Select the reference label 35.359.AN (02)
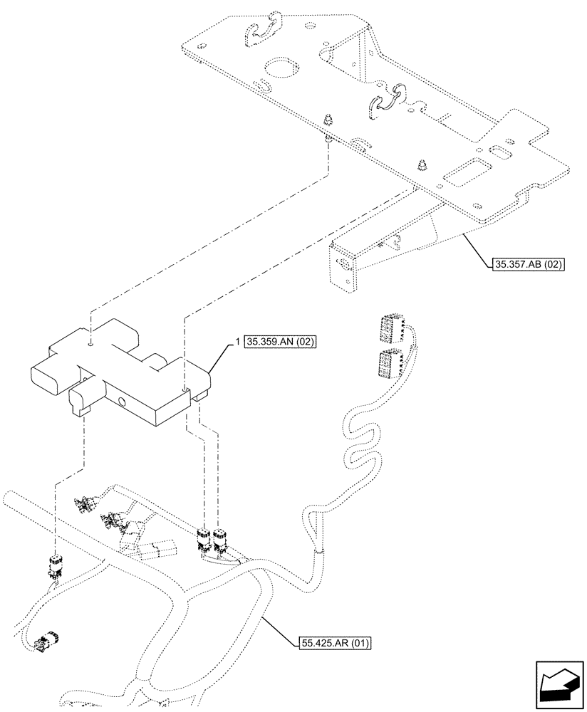280,342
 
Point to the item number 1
237,342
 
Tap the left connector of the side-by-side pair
204,539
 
